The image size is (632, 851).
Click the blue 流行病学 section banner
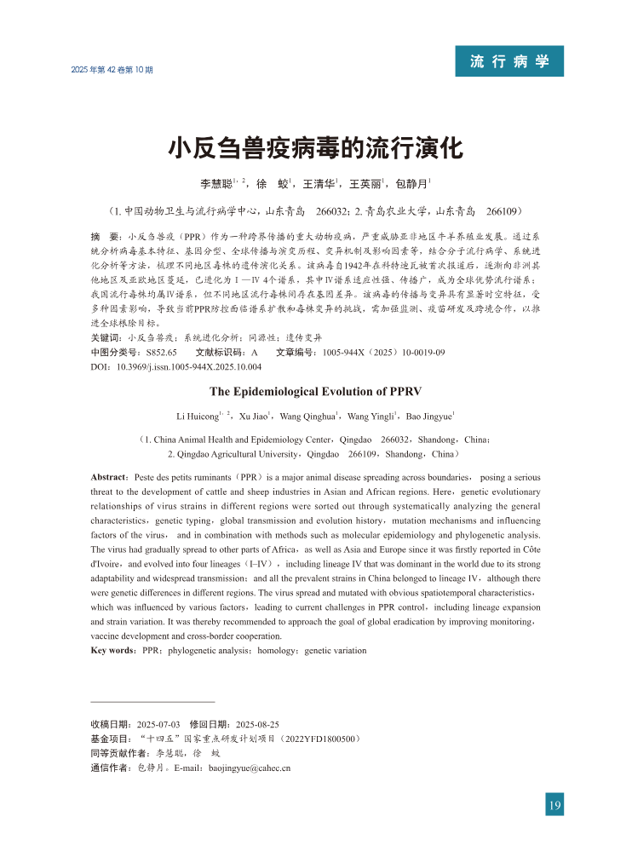(x=508, y=62)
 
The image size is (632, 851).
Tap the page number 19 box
(x=554, y=805)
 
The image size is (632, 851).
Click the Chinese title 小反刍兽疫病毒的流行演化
(x=315, y=149)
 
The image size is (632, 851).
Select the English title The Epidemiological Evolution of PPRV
(x=315, y=392)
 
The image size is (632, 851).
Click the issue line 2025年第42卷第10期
(x=112, y=69)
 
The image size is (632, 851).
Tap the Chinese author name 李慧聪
(x=216, y=183)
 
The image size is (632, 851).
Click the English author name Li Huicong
(x=196, y=416)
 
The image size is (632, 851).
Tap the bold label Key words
(x=113, y=651)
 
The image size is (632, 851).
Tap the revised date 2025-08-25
(x=244, y=724)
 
